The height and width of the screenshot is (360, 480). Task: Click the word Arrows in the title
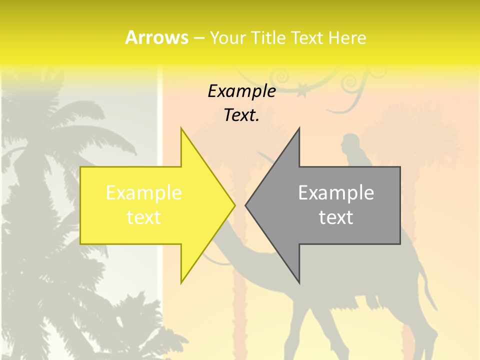(x=156, y=37)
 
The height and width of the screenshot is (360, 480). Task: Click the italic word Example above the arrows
(x=241, y=91)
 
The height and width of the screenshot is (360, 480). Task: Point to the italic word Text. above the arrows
(x=241, y=115)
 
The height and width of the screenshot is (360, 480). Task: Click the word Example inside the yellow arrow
(x=143, y=193)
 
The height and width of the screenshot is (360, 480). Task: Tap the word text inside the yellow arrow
(x=143, y=217)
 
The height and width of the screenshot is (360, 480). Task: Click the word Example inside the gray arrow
(x=336, y=193)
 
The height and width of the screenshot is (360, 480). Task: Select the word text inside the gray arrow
(x=336, y=217)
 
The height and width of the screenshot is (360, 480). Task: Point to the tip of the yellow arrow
(x=234, y=205)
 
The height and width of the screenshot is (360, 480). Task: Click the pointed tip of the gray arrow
(x=245, y=205)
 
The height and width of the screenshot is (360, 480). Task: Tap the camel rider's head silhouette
(x=348, y=142)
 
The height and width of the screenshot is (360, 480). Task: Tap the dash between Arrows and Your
(x=199, y=38)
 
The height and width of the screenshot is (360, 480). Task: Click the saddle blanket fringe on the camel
(x=372, y=303)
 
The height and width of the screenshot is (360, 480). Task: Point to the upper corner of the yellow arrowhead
(x=181, y=128)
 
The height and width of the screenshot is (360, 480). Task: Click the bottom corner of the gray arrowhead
(x=299, y=283)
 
